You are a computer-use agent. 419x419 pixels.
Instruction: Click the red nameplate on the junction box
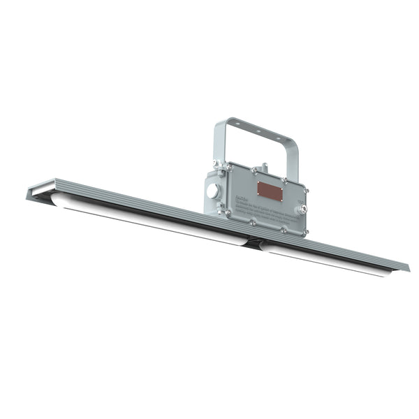point(269,189)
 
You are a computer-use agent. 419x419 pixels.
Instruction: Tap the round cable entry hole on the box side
point(212,191)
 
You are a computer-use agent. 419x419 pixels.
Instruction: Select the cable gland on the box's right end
point(302,207)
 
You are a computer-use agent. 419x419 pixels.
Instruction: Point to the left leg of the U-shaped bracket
point(218,147)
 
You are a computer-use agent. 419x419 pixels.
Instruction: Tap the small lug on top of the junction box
point(263,168)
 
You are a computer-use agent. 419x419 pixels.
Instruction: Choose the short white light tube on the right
point(328,260)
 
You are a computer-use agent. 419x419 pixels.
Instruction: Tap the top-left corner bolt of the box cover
point(229,166)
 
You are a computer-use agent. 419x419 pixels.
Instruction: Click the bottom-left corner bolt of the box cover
point(227,212)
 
